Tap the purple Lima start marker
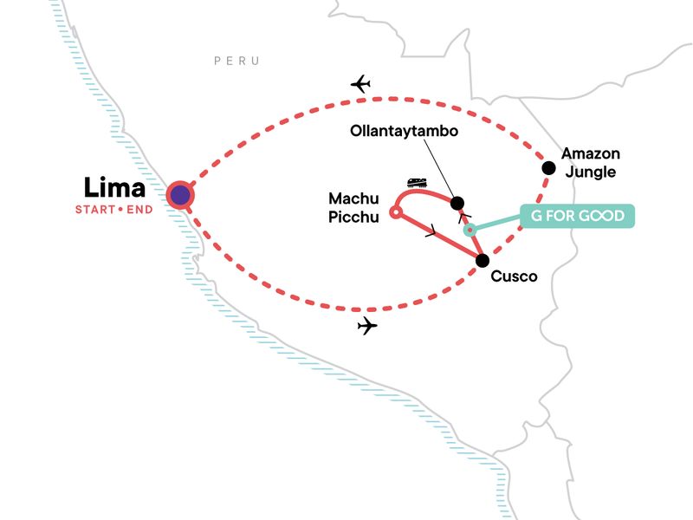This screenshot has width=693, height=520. (180, 196)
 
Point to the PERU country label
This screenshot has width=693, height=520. (237, 61)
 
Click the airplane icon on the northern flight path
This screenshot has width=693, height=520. (361, 84)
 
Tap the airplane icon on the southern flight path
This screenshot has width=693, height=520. (367, 327)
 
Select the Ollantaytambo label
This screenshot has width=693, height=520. (403, 133)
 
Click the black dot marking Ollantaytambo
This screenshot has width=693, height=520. (457, 203)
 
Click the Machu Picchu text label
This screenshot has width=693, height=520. (353, 209)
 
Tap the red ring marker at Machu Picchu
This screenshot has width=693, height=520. (395, 211)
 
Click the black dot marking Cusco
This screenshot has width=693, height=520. (483, 260)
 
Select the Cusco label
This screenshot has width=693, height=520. (514, 276)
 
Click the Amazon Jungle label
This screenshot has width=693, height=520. (589, 162)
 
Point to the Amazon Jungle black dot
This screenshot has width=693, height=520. (547, 167)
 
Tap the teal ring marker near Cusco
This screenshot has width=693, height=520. (470, 230)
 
